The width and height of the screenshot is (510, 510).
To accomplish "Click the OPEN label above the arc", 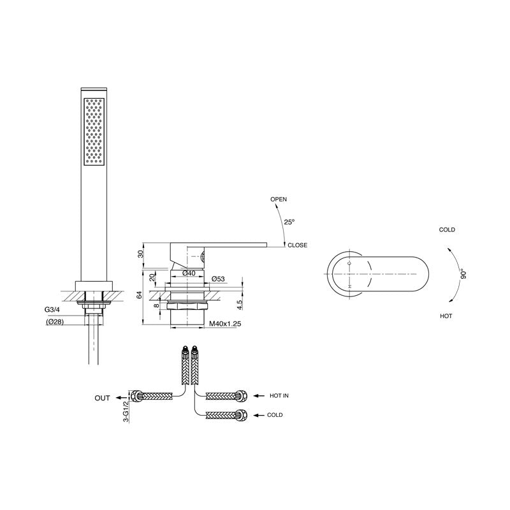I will (279, 200).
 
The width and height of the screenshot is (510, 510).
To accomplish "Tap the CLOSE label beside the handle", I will (297, 245).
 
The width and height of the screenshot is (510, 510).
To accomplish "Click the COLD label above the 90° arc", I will (447, 230).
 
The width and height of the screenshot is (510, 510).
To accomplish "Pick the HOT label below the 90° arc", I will (446, 316).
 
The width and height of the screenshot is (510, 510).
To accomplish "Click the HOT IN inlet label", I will (279, 396).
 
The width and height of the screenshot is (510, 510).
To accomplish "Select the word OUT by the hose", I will (103, 398).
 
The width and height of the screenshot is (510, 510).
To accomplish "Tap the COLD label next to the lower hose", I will (275, 415).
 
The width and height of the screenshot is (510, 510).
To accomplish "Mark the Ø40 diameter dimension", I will (189, 273).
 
